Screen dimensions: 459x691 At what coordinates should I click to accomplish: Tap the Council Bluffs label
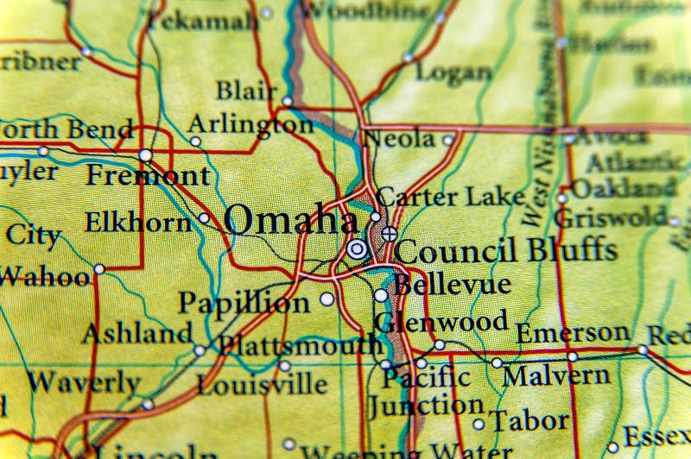pyautogui.click(x=506, y=250)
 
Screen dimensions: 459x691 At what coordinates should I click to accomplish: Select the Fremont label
pyautogui.click(x=148, y=175)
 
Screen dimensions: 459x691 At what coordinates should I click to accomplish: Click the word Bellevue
pyautogui.click(x=453, y=283)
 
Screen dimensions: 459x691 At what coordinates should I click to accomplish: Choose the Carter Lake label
pyautogui.click(x=451, y=197)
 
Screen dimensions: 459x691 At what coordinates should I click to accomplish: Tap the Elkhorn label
pyautogui.click(x=137, y=223)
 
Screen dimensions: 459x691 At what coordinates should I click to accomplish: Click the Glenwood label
pyautogui.click(x=441, y=321)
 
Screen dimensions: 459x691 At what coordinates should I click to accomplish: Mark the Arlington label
pyautogui.click(x=250, y=124)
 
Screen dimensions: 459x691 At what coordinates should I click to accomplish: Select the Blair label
pyautogui.click(x=246, y=91)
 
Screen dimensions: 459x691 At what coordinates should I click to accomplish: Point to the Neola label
pyautogui.click(x=398, y=137)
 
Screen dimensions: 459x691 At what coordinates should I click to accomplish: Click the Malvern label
pyautogui.click(x=556, y=375)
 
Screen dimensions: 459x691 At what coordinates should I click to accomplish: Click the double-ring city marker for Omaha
pyautogui.click(x=357, y=249)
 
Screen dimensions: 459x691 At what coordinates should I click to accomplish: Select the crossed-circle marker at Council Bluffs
pyautogui.click(x=390, y=233)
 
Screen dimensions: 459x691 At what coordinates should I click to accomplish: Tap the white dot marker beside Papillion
pyautogui.click(x=326, y=299)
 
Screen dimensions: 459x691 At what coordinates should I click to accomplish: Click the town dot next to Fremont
pyautogui.click(x=145, y=155)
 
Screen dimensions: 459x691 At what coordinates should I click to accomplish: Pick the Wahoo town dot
pyautogui.click(x=99, y=269)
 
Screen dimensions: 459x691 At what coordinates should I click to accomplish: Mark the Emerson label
pyautogui.click(x=573, y=332)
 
